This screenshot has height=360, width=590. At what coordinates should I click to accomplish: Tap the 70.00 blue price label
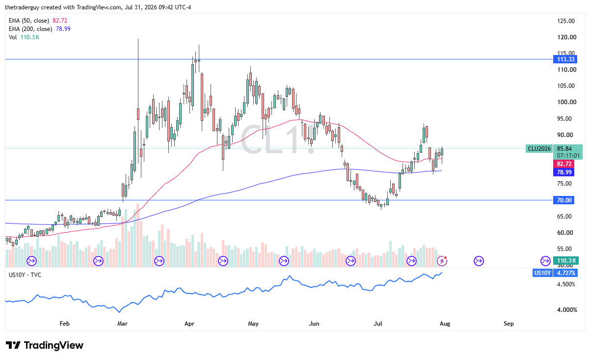point(563,200)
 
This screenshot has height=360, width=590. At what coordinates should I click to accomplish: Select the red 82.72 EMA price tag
point(563,164)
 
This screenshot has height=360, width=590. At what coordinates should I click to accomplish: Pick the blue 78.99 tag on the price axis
point(563,172)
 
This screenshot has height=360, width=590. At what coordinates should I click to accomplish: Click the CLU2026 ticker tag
point(539,149)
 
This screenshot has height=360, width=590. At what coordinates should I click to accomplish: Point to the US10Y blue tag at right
point(542,273)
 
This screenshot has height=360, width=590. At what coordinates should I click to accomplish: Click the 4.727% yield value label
point(566,273)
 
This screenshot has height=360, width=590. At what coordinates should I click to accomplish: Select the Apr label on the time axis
point(189,323)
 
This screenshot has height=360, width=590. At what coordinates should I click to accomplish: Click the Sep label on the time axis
point(509,323)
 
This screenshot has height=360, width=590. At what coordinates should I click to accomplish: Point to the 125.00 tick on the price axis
point(566,21)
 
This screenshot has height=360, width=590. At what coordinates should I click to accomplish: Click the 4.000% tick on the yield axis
point(567,310)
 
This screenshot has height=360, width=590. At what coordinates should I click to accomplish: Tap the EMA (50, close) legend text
point(29,21)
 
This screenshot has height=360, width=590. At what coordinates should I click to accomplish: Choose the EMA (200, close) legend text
point(30,28)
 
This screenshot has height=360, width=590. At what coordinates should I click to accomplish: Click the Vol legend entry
point(13,37)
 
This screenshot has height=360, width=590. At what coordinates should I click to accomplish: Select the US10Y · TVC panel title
point(25,275)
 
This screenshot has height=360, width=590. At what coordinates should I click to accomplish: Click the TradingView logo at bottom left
point(45,345)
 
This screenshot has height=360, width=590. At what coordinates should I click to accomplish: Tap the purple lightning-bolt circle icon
point(442,261)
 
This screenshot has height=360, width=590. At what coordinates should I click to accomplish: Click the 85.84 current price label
point(564,148)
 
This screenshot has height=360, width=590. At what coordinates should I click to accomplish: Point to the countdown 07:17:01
point(568,156)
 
